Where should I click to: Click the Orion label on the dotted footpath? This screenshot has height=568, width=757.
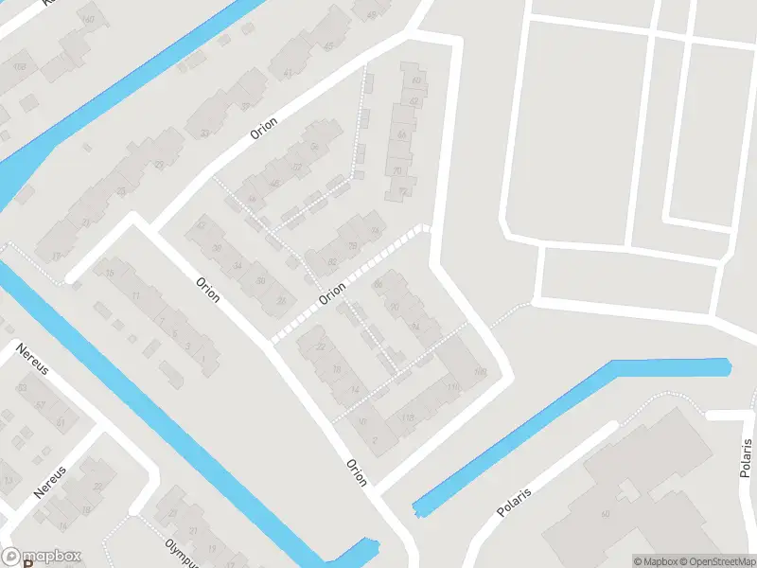point(332,296)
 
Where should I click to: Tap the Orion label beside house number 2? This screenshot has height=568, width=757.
point(357,470)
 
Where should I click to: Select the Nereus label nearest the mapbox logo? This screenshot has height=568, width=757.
point(51,482)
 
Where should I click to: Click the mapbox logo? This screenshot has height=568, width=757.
point(42,557)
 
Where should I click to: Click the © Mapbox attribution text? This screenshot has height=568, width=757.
point(653,561)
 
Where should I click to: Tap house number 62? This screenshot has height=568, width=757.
point(414,100)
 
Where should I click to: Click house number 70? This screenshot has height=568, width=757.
point(397,170)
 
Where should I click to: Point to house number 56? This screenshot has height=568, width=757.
point(314,146)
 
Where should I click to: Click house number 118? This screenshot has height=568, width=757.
point(408,417)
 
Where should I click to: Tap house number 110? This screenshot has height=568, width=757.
point(452,387)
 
